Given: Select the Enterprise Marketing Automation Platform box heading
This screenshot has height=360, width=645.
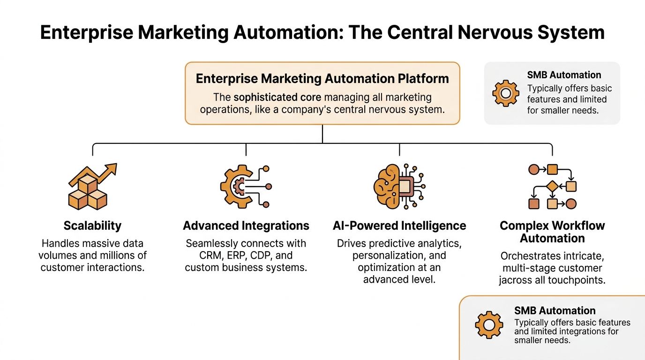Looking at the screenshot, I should tap(322, 78).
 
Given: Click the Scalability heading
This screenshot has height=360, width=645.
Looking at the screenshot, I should tap(92, 225).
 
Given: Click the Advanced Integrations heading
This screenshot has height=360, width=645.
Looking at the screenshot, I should tap(246, 225).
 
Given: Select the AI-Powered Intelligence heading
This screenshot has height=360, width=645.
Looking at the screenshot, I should tap(399, 225).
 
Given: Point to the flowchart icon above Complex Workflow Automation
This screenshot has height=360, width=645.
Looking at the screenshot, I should tap(552, 187).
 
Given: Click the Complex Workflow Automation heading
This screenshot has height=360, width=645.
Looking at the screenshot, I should tap(552, 232).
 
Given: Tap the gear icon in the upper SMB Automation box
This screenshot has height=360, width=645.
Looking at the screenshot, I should tap(505, 93).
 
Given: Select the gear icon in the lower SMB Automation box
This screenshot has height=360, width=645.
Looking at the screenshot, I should tap(488, 325).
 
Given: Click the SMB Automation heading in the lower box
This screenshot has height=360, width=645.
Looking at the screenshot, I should tap(555, 310).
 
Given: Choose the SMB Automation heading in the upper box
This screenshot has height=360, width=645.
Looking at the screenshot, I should tap(564, 75).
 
